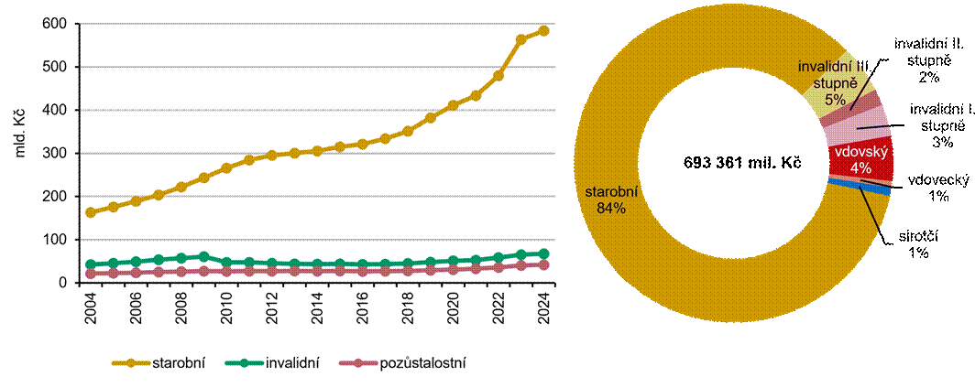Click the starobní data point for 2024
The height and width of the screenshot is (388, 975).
tap(543, 30)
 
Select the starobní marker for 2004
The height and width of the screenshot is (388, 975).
tap(90, 212)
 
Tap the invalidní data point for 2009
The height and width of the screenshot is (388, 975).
tap(203, 257)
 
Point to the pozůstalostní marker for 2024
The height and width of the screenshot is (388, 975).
tap(543, 264)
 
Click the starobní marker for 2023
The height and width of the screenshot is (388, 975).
tap(521, 39)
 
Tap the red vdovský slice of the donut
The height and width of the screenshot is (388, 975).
tap(861, 161)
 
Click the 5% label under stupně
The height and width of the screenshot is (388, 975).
tap(834, 101)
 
